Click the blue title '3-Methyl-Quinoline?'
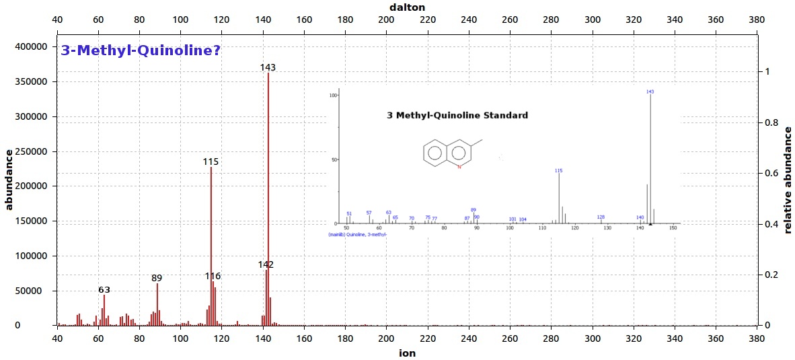(x=141, y=50)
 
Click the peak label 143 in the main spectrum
(x=268, y=67)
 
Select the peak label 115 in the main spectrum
(x=211, y=162)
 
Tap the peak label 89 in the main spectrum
(x=157, y=278)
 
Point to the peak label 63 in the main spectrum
(x=104, y=290)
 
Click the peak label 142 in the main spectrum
(x=266, y=265)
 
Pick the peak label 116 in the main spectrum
(x=213, y=277)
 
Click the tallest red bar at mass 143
(x=268, y=202)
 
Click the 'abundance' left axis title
(x=9, y=180)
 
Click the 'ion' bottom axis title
(x=407, y=352)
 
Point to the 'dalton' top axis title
(x=407, y=6)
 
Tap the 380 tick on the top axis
(x=757, y=20)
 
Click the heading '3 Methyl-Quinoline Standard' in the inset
(x=457, y=116)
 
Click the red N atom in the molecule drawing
(x=459, y=166)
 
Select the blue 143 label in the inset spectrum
(x=650, y=92)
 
